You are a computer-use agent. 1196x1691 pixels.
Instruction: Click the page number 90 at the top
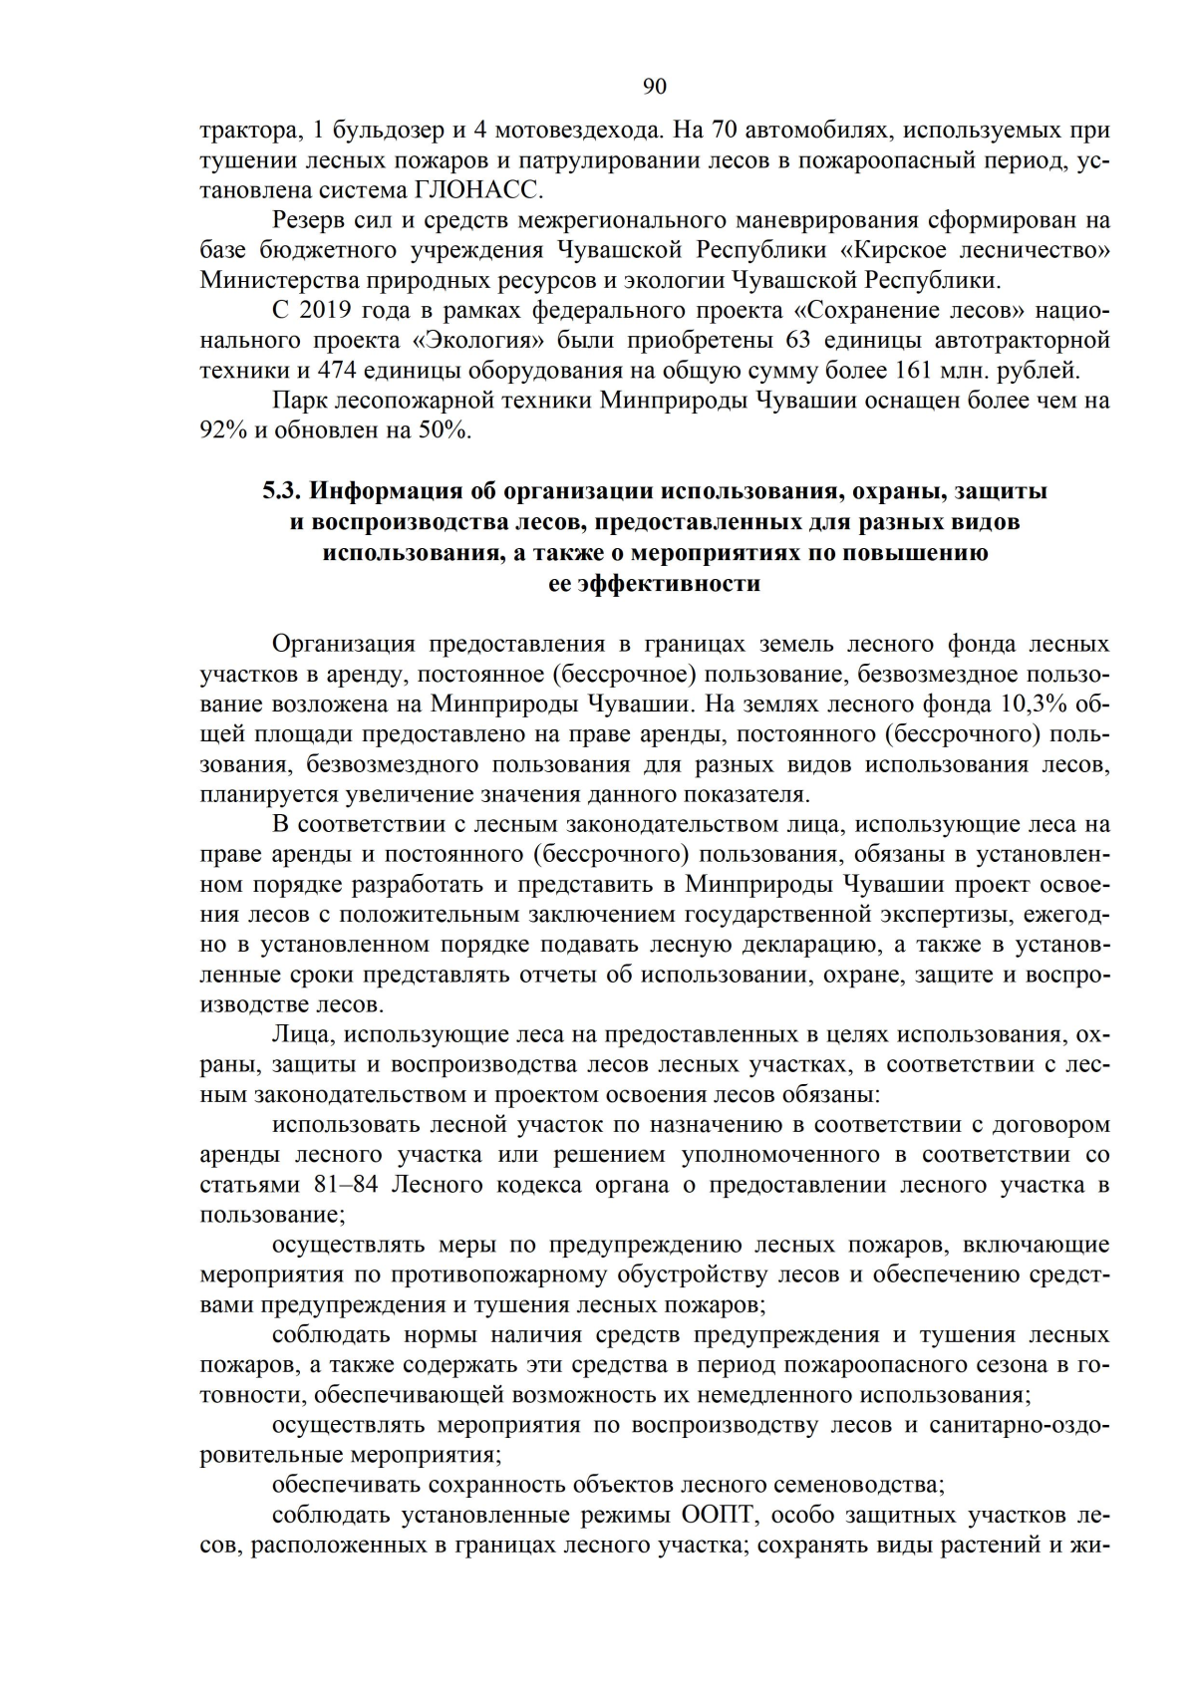654,87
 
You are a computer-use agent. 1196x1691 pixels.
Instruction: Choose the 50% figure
444,430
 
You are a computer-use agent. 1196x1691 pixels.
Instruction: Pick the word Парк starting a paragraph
298,401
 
